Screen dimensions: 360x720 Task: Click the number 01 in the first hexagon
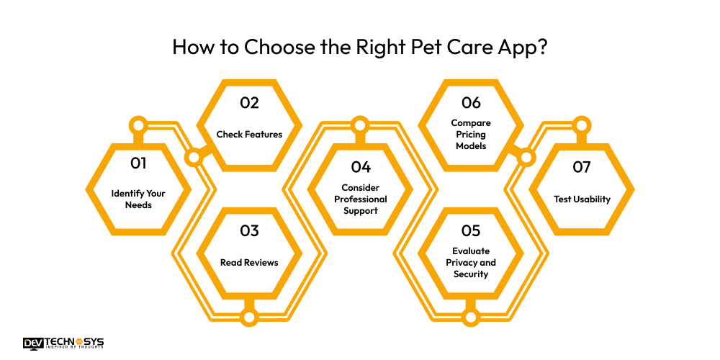point(138,163)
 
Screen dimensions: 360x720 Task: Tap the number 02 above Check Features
point(249,103)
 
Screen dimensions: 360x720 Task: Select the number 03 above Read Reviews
point(249,232)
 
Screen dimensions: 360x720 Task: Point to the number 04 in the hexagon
point(360,167)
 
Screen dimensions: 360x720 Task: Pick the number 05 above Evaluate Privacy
point(471,232)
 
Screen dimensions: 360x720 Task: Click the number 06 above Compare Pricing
point(471,103)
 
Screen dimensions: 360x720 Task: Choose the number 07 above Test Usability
point(582,167)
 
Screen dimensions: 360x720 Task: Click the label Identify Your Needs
point(138,199)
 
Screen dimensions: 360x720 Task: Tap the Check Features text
point(249,134)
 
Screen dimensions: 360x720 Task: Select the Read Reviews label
point(249,262)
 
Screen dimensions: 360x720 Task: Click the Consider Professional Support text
point(360,199)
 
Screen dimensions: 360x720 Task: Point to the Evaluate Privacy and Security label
point(471,262)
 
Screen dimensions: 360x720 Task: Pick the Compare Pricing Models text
point(471,135)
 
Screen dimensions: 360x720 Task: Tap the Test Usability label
point(582,199)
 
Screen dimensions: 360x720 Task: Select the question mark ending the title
point(541,47)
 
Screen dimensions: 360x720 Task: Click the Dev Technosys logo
point(63,343)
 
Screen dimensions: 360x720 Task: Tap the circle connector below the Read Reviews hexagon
point(249,317)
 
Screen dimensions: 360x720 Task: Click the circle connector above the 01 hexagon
point(138,125)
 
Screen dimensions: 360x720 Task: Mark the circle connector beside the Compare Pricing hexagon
point(526,156)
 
